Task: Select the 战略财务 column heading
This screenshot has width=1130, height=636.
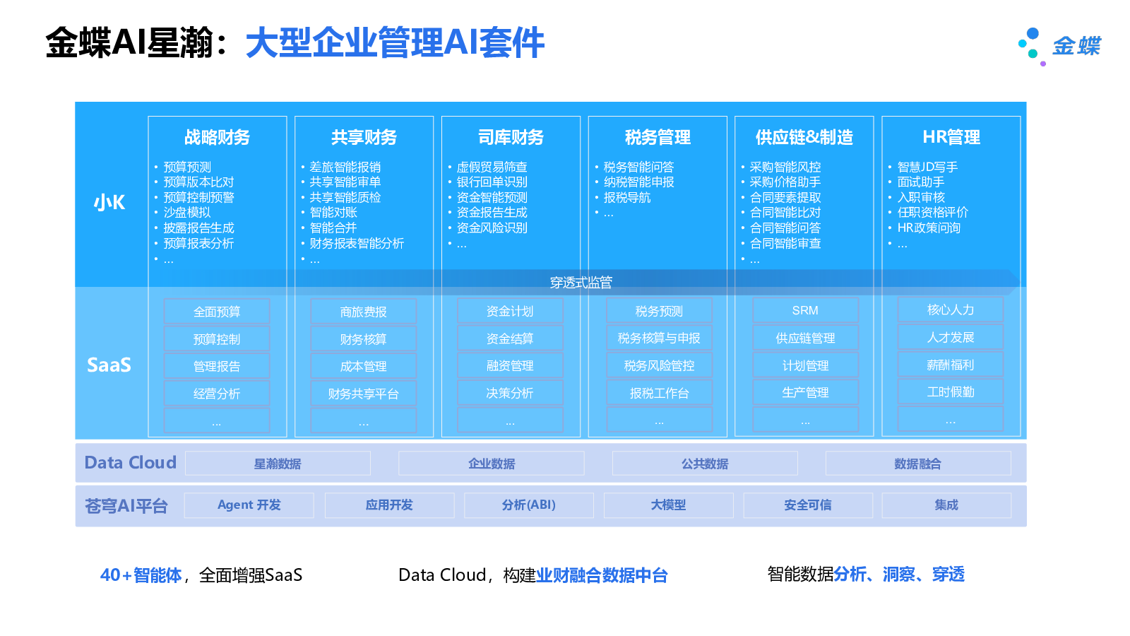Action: [217, 137]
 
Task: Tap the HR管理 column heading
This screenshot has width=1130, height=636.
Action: [951, 137]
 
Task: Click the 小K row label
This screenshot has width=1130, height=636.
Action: [109, 203]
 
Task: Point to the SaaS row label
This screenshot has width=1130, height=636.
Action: [109, 365]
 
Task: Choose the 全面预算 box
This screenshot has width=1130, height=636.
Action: [217, 312]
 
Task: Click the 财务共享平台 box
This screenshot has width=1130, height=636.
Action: [363, 394]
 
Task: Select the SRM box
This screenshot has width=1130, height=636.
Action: [805, 310]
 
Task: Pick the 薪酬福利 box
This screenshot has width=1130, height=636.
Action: [950, 365]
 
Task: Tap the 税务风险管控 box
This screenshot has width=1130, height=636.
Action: [659, 365]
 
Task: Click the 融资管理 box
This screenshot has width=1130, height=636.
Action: [510, 365]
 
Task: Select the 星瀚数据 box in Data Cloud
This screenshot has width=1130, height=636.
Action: [278, 464]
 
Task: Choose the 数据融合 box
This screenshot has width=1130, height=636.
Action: [917, 464]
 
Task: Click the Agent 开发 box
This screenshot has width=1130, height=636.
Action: [249, 505]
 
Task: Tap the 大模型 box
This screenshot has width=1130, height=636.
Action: [668, 505]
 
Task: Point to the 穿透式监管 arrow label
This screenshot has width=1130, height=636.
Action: [581, 283]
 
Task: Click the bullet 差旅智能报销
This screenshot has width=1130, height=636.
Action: [345, 167]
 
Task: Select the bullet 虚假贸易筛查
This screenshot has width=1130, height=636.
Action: [492, 167]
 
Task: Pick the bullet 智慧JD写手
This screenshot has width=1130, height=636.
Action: [927, 167]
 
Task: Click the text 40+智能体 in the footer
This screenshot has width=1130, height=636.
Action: [141, 575]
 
